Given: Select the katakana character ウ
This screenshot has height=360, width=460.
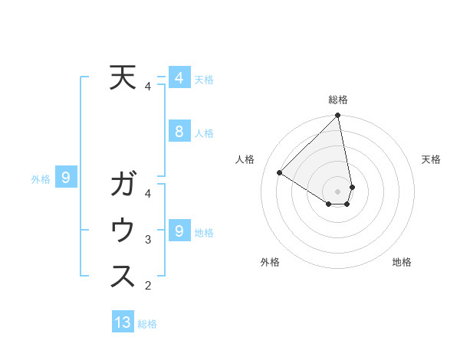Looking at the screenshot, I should [x=123, y=231].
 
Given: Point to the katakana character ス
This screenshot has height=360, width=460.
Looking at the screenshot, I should [x=123, y=276].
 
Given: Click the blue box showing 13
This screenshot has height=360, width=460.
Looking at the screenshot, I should [x=123, y=322].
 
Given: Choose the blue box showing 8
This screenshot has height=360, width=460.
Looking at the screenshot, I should [x=179, y=132].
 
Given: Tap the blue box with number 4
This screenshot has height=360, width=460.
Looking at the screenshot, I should [x=179, y=77].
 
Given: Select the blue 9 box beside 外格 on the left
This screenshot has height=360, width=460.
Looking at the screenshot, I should [x=67, y=178].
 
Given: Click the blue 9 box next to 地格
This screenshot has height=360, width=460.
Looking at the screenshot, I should [x=179, y=231].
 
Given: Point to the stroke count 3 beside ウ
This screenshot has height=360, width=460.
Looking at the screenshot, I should [x=148, y=240].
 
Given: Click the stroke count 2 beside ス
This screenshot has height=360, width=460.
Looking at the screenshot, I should [x=148, y=286].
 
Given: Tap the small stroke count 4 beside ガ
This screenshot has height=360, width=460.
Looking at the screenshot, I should [x=148, y=194].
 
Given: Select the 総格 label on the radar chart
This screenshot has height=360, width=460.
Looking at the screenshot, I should [x=338, y=100].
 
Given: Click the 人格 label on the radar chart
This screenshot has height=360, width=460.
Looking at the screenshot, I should [x=245, y=159].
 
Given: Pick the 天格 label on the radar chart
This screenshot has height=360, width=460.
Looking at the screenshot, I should [x=431, y=159].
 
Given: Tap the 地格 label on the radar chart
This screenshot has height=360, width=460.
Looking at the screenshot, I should [x=402, y=262].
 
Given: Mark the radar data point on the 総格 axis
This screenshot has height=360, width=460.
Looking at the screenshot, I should [x=338, y=116].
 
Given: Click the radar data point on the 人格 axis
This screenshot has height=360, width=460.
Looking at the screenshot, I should [x=280, y=173].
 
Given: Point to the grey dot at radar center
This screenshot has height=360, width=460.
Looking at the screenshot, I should [x=338, y=191].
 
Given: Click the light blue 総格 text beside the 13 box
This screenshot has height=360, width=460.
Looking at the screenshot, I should [x=147, y=324].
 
